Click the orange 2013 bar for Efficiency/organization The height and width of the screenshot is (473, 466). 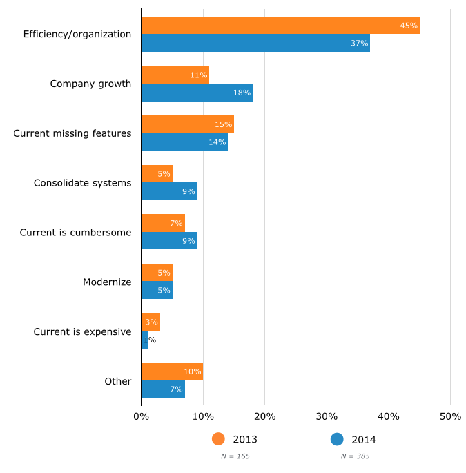point(280,26)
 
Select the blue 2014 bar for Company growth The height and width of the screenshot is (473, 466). point(197,93)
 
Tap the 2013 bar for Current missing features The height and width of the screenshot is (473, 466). point(187,124)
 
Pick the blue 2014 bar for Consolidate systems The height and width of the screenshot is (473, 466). point(168,191)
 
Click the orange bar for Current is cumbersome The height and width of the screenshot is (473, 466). point(163,223)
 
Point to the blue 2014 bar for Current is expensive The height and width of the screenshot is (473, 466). point(144,340)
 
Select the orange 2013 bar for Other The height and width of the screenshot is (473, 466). point(172,371)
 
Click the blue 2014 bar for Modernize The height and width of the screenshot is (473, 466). point(157,290)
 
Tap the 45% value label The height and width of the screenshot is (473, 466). point(409,26)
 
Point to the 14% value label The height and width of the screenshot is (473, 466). point(218,142)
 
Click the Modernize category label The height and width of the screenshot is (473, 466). point(107,282)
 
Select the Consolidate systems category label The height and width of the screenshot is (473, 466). point(82,183)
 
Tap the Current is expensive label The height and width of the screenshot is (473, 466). point(82,331)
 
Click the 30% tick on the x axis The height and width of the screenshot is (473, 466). point(327,416)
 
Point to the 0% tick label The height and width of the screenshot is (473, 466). point(141,416)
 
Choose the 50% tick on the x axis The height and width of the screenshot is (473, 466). point(450,416)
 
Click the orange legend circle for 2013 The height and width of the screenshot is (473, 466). point(219,439)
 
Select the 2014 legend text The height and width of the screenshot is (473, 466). point(364,439)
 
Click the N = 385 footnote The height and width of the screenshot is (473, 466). point(355,456)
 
